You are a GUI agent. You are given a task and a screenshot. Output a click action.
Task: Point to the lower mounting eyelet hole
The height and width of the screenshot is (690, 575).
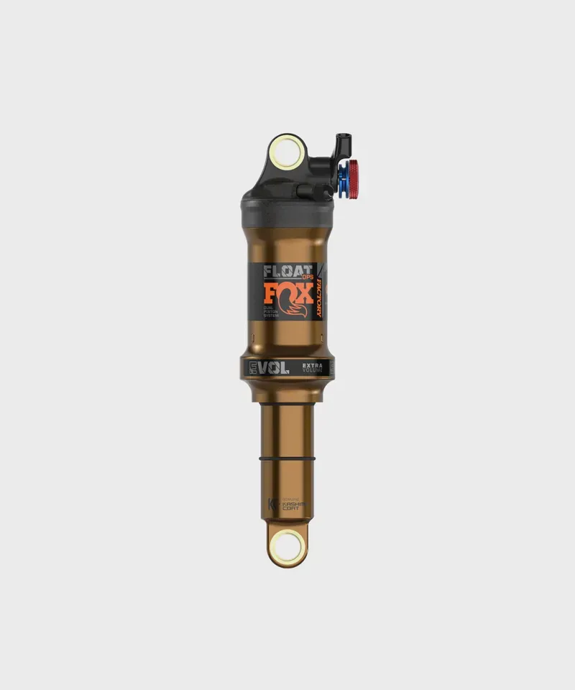pos(287,547)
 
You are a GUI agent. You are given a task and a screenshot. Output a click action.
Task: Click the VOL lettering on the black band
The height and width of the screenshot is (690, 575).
pos(274,368)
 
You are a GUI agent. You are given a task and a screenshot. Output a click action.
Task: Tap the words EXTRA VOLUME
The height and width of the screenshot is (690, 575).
pos(314,368)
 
